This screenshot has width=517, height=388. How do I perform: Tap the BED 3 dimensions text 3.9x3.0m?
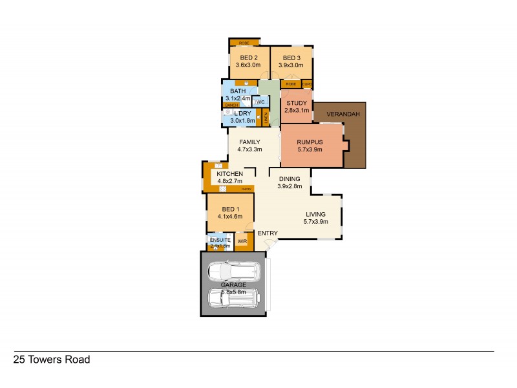[x=291, y=65]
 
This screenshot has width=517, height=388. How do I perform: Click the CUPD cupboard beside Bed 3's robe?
[x=307, y=84]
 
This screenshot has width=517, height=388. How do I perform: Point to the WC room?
[x=260, y=102]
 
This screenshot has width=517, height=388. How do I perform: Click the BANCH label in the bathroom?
[x=231, y=105]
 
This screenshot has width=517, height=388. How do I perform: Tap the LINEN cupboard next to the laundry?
[x=266, y=118]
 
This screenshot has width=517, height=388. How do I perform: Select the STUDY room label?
[x=296, y=102]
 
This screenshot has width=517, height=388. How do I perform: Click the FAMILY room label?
[x=249, y=142]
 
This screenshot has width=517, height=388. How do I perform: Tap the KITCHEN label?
[x=229, y=174]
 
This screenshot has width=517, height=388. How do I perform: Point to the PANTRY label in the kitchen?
[x=247, y=188]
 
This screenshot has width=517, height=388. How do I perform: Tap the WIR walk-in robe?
[x=242, y=241]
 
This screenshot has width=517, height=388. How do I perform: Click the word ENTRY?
[x=267, y=233]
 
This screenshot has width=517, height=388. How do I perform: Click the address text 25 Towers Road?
[x=52, y=360]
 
